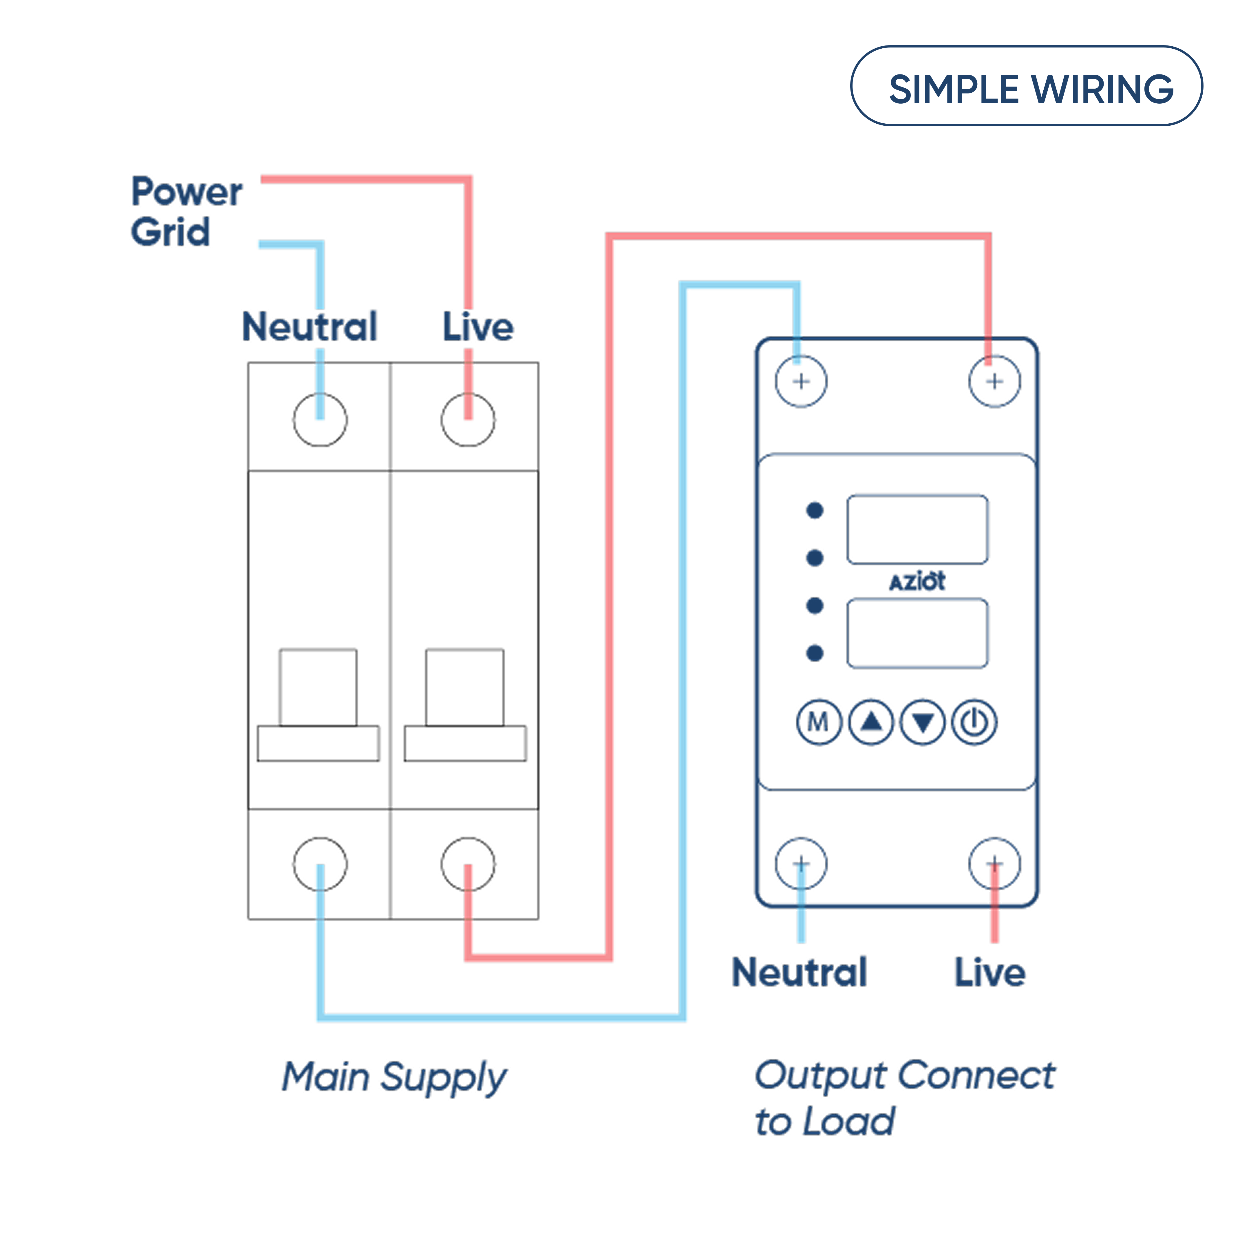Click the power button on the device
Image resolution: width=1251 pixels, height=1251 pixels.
(974, 722)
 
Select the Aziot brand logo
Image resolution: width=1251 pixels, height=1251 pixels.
(917, 581)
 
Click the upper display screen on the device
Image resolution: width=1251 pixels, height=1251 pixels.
(917, 529)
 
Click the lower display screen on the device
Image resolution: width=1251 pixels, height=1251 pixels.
(917, 633)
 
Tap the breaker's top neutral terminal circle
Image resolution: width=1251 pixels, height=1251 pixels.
(320, 420)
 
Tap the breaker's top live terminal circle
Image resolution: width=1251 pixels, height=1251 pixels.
(467, 420)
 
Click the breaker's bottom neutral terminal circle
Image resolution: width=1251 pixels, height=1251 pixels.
(320, 864)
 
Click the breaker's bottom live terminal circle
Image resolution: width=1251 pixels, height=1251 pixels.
(467, 864)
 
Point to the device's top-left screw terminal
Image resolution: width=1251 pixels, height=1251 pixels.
(801, 381)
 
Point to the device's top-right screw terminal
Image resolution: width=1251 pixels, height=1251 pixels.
(995, 381)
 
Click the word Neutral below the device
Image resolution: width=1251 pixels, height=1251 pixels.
(799, 973)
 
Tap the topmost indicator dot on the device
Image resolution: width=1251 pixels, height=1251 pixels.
(815, 510)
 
